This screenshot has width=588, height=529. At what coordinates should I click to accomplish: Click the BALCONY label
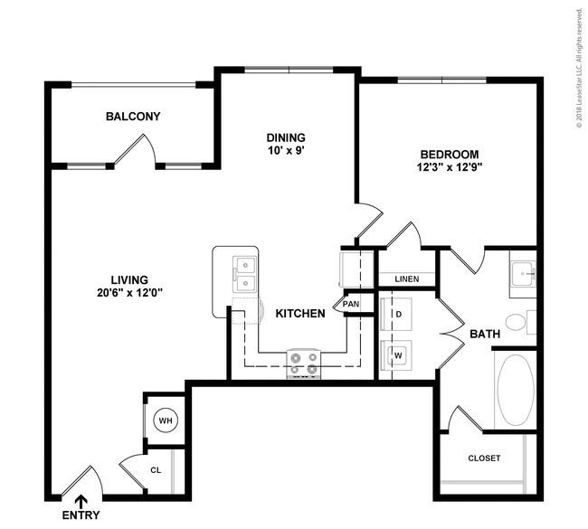point(133,117)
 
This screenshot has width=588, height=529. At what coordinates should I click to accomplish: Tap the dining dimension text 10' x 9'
point(286,151)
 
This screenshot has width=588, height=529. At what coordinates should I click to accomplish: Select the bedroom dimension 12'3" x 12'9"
point(450,166)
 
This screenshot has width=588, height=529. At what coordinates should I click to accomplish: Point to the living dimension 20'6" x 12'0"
point(129,292)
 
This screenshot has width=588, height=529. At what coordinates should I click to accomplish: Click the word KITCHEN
point(300,314)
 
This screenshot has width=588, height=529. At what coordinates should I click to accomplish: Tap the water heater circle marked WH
point(166,420)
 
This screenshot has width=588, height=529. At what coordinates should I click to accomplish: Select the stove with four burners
point(304,364)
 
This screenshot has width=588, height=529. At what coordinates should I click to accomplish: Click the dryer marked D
point(396,314)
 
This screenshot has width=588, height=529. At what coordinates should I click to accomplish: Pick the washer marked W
point(396,355)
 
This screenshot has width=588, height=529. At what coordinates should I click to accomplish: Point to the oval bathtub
point(516,390)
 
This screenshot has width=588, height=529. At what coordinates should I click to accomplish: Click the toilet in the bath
point(520,322)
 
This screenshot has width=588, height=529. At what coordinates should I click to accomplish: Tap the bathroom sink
point(523,274)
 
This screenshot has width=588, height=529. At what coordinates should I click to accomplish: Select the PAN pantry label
point(351,304)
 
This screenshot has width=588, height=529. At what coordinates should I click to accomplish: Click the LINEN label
point(407,279)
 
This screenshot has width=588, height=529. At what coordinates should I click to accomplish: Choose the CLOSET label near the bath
point(484,458)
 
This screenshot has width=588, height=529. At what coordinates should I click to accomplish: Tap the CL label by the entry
point(156,469)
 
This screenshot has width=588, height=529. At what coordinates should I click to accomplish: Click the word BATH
point(485,334)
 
